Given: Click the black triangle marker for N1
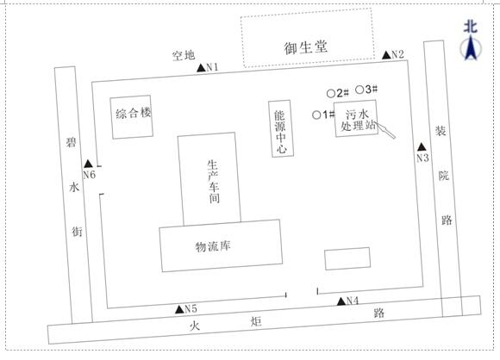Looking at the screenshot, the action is click(201, 67).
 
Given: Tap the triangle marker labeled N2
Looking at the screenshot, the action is click(386, 55).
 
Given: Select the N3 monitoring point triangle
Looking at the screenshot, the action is click(422, 147).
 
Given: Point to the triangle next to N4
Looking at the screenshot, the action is click(341, 301).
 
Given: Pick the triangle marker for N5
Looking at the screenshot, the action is click(180, 309).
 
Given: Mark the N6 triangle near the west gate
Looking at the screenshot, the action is click(88, 164).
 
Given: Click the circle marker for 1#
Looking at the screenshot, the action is click(316, 115).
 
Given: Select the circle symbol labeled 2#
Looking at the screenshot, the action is click(331, 94).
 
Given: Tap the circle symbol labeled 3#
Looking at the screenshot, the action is click(359, 90).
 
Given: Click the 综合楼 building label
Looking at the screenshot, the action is click(134, 113).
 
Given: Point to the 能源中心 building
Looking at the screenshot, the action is click(281, 128).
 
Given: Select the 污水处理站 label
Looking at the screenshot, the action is click(358, 120).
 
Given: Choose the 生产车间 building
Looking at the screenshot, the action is click(209, 179).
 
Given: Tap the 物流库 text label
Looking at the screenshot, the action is click(213, 246).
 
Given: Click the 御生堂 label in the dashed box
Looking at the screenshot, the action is click(306, 47).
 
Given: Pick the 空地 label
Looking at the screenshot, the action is click(184, 55).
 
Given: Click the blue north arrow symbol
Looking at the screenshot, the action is click(471, 48).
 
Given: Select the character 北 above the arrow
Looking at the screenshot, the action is click(471, 27).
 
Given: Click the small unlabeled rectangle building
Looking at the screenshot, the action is click(347, 258).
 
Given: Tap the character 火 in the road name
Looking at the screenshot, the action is click(195, 326).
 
